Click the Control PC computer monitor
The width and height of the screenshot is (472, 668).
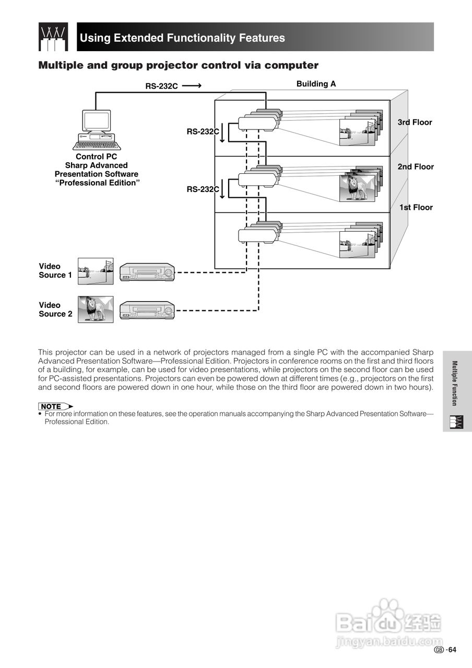96,121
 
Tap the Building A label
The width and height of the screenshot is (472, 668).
316,83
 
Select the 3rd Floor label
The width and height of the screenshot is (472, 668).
415,122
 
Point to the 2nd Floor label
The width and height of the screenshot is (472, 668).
416,166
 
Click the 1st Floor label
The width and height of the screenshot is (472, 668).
416,207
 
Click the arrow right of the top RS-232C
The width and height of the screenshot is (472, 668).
192,86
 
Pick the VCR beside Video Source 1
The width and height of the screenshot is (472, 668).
147,272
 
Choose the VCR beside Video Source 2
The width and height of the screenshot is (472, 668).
147,310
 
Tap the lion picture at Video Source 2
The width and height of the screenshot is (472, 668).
96,309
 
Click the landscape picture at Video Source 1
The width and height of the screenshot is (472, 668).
96,271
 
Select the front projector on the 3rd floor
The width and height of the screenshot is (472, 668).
257,124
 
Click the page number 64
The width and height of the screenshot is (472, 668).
452,650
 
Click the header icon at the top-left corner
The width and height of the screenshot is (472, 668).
53,37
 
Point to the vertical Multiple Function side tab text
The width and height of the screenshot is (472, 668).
454,383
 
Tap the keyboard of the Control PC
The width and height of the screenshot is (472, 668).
97,146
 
